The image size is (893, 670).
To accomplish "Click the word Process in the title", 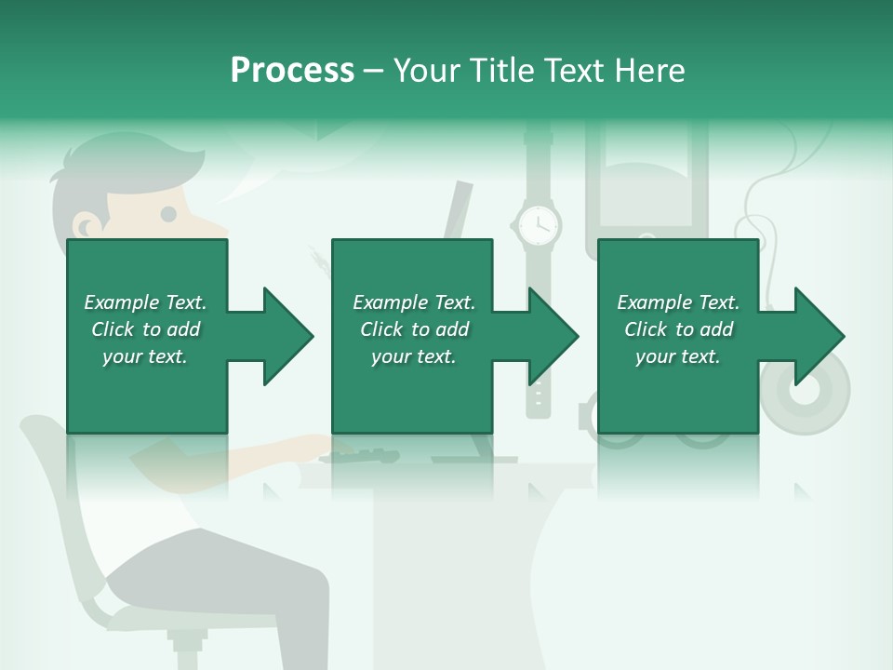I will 292,70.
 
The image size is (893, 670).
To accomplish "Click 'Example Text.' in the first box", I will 145,302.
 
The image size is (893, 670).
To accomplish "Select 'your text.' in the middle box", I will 413,356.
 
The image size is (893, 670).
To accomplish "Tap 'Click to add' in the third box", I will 678,329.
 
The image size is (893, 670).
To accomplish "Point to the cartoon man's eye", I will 168,214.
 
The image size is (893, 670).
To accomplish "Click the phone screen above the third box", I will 646,186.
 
